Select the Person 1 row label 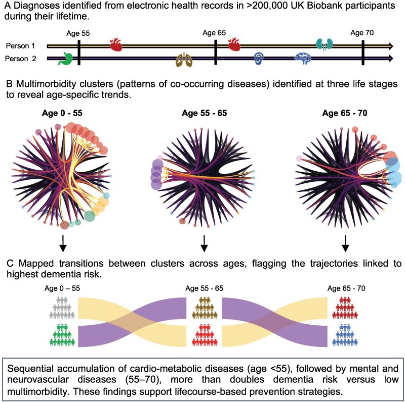pos(20,46)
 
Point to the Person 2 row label pos(21,59)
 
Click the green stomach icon pos(65,58)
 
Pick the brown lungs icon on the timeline pos(184,60)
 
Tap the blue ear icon pos(259,58)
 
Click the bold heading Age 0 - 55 pos(63,112)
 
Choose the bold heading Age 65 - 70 pos(346,112)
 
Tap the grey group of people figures pos(63,307)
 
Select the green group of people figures pos(63,335)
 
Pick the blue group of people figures pos(345,335)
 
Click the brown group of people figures pos(205,307)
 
